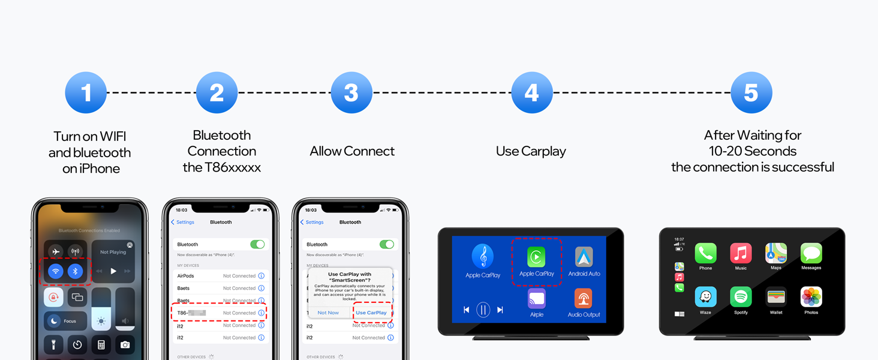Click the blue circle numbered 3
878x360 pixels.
click(351, 93)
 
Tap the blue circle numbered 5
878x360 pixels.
click(751, 93)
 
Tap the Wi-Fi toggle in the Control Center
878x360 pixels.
click(56, 271)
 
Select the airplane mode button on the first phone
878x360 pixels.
click(56, 251)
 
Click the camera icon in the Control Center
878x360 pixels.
click(125, 344)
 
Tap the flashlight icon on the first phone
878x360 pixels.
click(54, 344)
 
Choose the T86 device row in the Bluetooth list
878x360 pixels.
click(220, 313)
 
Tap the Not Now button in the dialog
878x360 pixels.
click(328, 313)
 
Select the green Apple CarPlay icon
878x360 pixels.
click(536, 257)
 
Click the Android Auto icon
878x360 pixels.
click(584, 257)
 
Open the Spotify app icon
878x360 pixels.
click(741, 297)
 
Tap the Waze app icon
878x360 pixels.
click(705, 297)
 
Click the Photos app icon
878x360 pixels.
click(811, 297)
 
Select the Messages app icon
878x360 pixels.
click(811, 253)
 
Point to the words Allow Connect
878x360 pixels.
click(352, 151)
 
